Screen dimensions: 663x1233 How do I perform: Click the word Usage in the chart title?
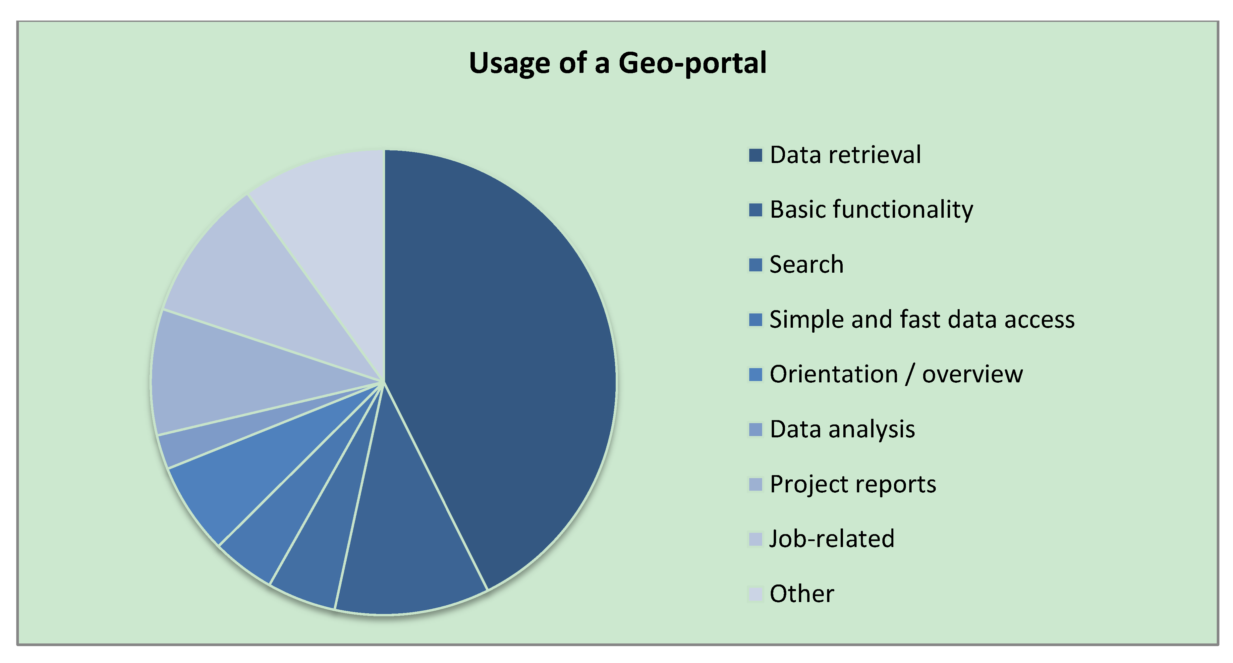click(x=509, y=64)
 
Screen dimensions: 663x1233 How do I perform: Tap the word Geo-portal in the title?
click(x=692, y=64)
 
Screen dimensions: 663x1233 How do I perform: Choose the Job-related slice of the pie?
click(x=249, y=287)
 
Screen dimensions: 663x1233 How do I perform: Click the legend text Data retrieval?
click(x=845, y=155)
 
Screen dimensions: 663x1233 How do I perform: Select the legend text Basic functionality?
click(x=871, y=210)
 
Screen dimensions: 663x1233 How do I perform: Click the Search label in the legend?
click(x=806, y=265)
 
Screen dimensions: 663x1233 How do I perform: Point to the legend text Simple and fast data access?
click(x=922, y=319)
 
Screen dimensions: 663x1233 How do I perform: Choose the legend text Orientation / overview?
click(x=896, y=374)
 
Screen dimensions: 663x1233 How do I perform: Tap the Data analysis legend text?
click(x=842, y=429)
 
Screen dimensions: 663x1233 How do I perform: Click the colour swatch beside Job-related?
click(x=755, y=539)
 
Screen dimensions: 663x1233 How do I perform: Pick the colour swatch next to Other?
click(x=755, y=594)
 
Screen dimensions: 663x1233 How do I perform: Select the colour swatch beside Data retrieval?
click(x=755, y=155)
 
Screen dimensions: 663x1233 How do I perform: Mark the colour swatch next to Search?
click(x=755, y=265)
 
